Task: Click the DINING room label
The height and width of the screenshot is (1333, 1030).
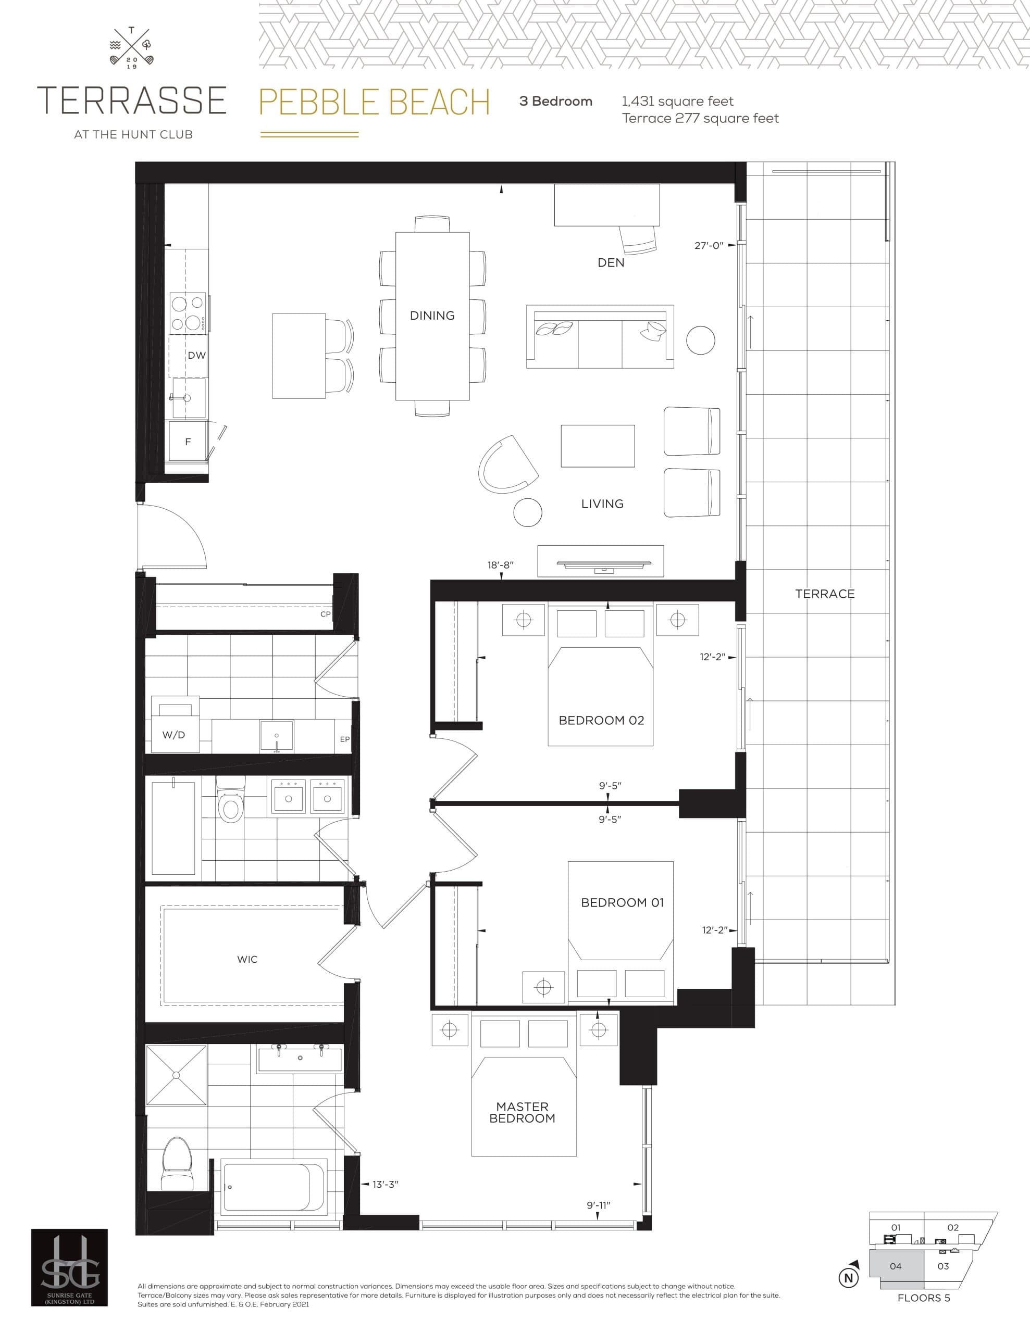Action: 432,316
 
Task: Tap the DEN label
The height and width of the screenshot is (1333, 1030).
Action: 611,263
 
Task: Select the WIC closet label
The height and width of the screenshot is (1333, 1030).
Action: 247,960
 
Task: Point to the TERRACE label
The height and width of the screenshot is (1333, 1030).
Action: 824,594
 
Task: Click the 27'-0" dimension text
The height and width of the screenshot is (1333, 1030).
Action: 708,245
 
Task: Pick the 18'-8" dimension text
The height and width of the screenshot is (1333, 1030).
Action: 500,565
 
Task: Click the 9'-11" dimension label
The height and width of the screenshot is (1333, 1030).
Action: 598,1205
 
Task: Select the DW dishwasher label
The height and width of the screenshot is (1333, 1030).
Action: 196,355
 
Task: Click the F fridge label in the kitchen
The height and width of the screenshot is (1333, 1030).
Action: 188,441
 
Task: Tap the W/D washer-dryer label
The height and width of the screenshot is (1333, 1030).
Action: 173,735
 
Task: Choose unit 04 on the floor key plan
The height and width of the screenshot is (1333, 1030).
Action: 895,1266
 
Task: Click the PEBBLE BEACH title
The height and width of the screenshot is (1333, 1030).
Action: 374,102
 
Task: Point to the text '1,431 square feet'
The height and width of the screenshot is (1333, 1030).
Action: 677,102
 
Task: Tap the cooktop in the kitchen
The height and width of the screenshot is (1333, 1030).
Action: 188,312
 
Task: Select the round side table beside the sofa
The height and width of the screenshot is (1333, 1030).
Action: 700,341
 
